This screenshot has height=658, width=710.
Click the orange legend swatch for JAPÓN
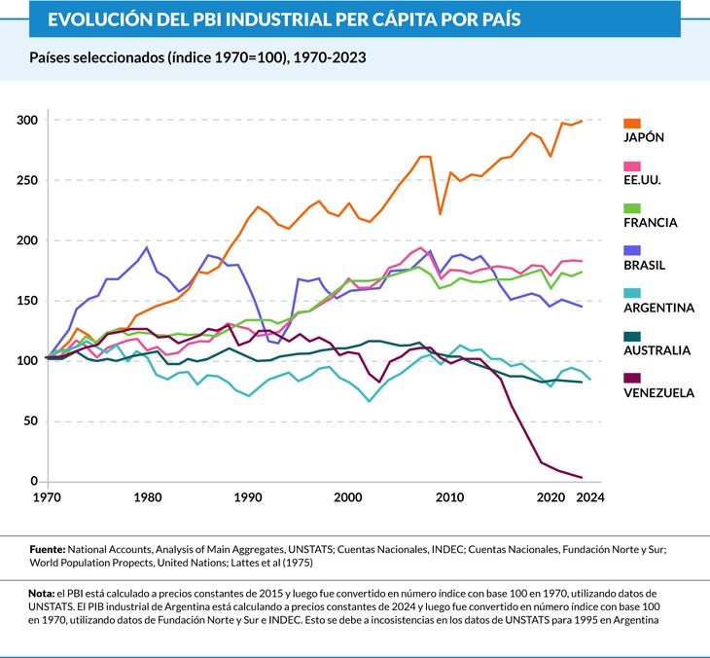(631, 123)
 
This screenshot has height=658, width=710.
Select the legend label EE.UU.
(642, 180)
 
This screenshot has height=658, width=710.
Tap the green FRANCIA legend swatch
(631, 208)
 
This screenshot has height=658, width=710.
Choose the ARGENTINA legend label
(658, 308)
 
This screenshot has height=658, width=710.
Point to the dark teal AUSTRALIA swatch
(631, 336)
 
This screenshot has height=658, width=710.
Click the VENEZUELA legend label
(658, 393)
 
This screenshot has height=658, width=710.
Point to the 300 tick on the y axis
(26, 121)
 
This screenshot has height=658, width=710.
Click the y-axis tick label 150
(26, 301)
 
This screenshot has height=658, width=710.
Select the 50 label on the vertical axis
(30, 421)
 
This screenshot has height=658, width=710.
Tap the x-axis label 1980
(147, 497)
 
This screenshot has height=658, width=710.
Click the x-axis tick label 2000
(348, 497)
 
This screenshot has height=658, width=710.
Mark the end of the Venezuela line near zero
(581, 477)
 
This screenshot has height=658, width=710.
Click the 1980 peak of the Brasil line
(147, 247)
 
